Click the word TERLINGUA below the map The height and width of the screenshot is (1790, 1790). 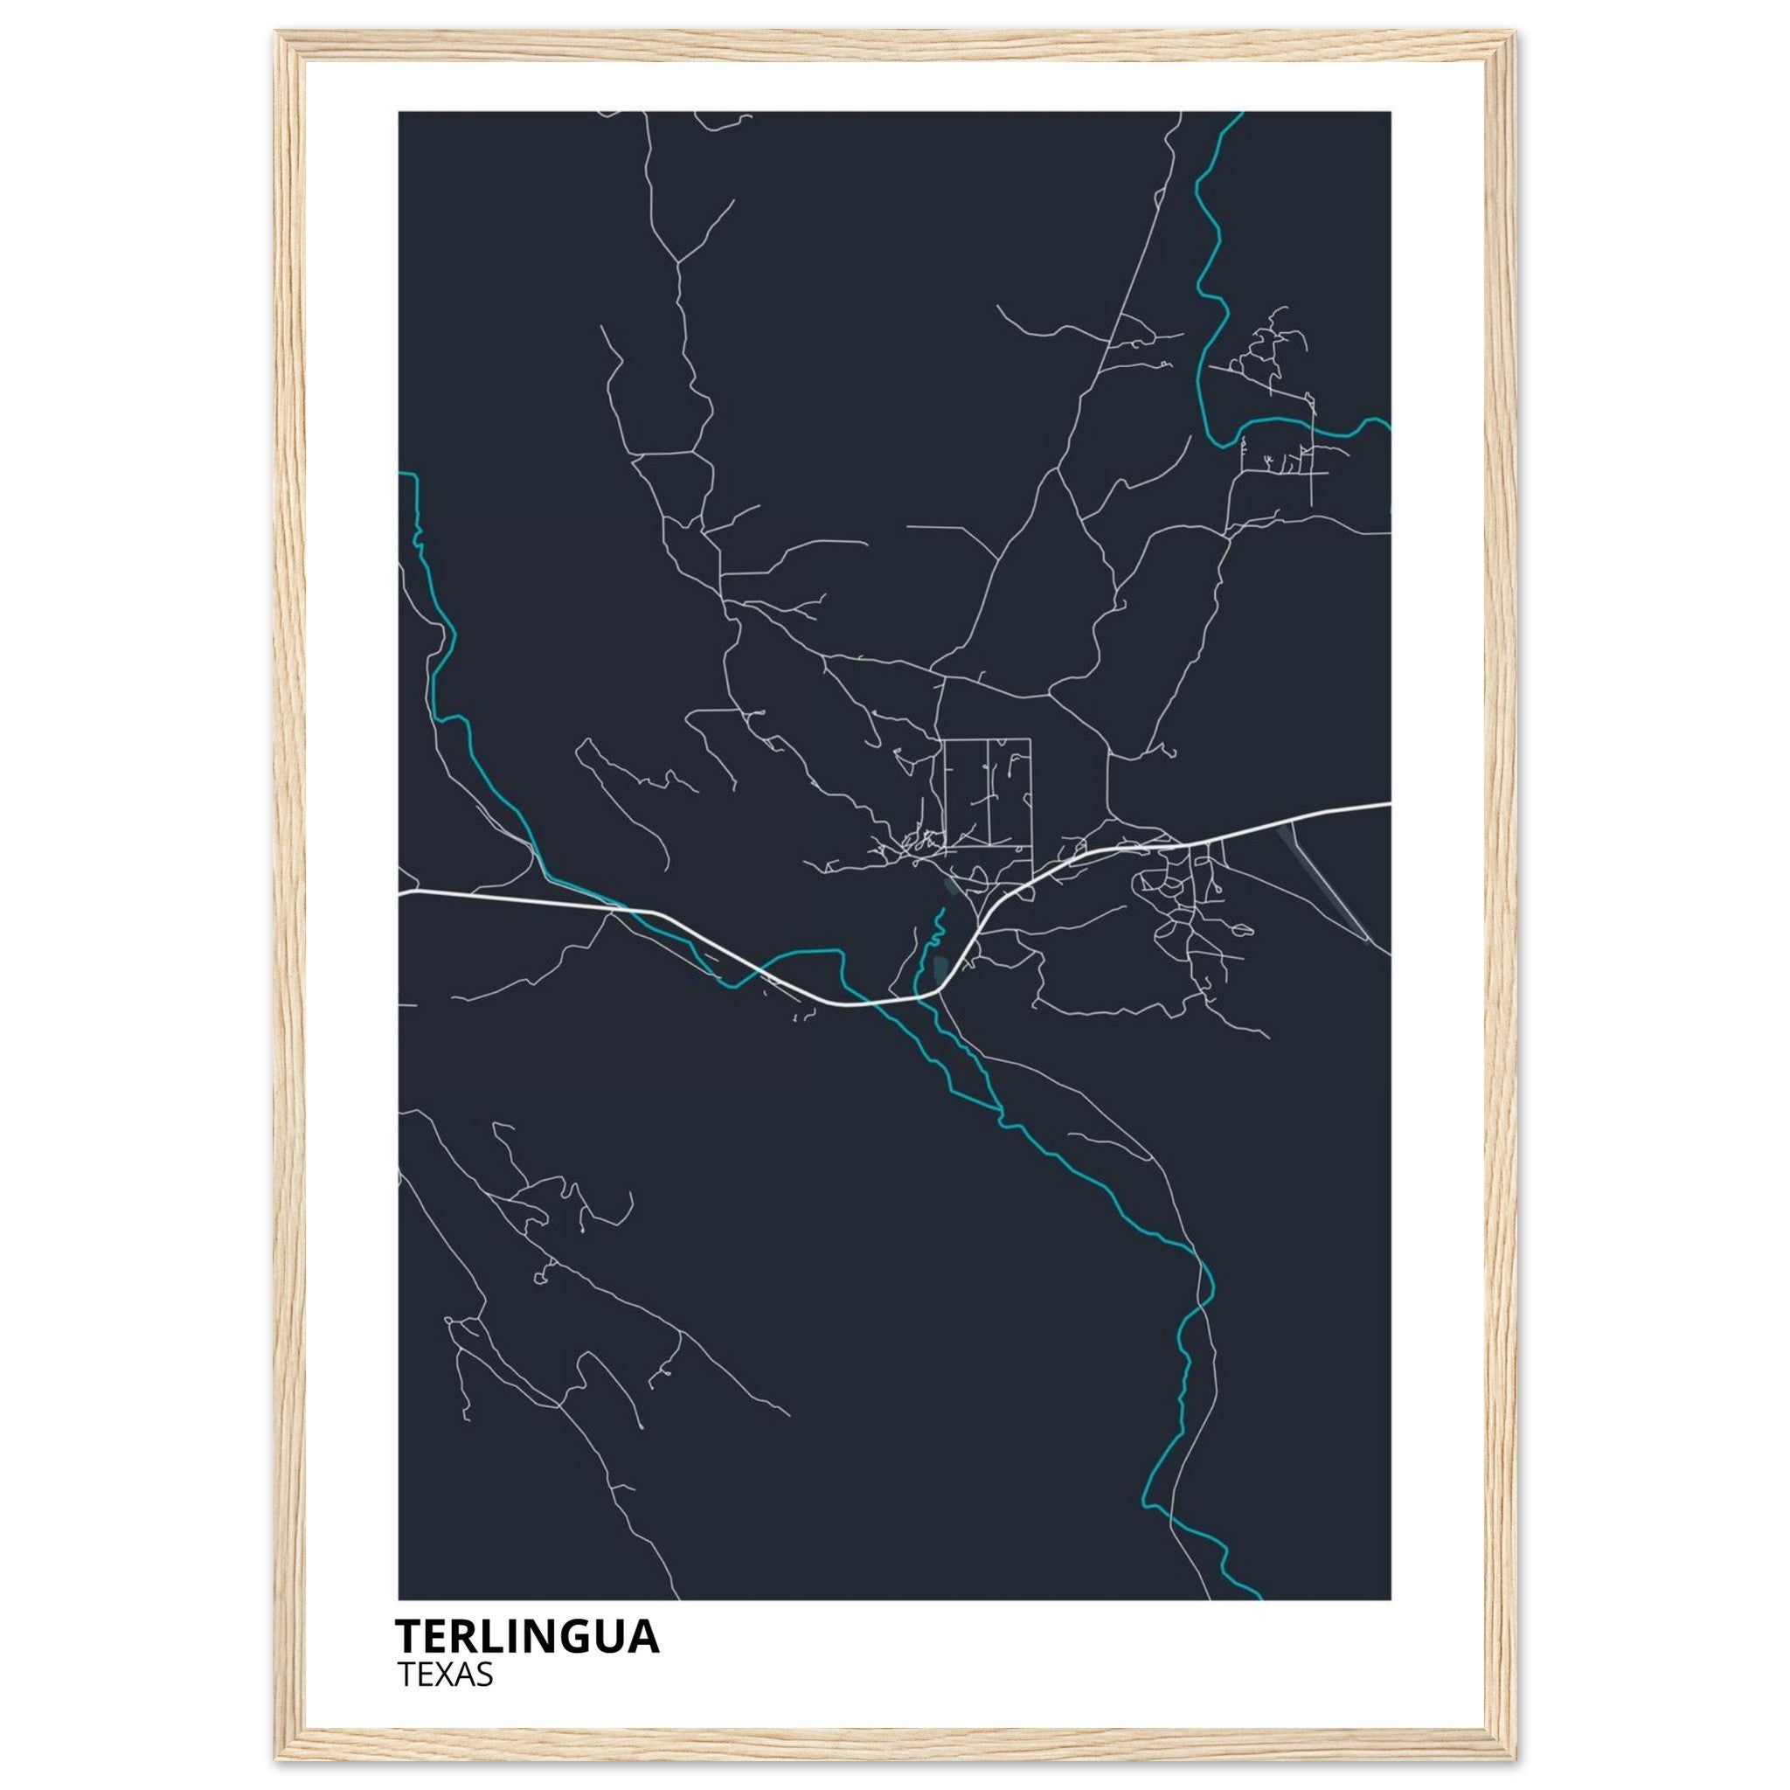click(x=526, y=1637)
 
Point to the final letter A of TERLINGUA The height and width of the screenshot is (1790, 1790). click(x=645, y=1637)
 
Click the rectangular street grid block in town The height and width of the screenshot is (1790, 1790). click(x=987, y=793)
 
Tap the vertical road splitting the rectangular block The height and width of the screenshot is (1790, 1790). click(x=989, y=793)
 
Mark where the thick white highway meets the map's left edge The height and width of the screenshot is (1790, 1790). click(x=400, y=894)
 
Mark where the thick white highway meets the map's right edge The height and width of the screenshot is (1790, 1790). click(x=1389, y=804)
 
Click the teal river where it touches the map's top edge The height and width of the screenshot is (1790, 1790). click(x=1239, y=114)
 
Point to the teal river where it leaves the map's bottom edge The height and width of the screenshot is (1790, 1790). click(x=1259, y=1598)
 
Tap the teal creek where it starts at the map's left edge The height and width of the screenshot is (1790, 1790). click(x=401, y=474)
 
